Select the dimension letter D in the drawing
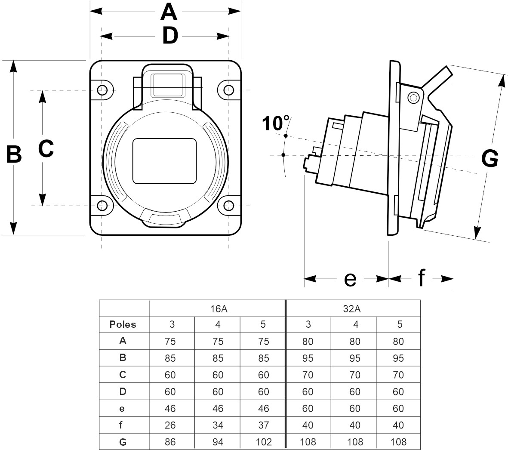tap(170, 36)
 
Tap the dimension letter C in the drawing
tap(46, 149)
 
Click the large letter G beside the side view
tap(490, 159)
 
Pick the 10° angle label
tap(275, 123)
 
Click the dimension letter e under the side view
tap(351, 279)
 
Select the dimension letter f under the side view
tap(422, 278)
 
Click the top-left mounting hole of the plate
tap(102, 90)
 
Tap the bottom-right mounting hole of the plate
tap(228, 206)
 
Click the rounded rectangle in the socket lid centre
tap(164, 161)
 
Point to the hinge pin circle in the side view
tap(414, 98)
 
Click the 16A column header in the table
tap(218, 308)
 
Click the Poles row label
tap(123, 324)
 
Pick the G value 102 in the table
tap(264, 442)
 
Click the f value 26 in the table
tap(170, 425)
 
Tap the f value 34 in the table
tap(218, 425)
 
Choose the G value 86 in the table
tap(170, 442)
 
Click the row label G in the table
tap(123, 441)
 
